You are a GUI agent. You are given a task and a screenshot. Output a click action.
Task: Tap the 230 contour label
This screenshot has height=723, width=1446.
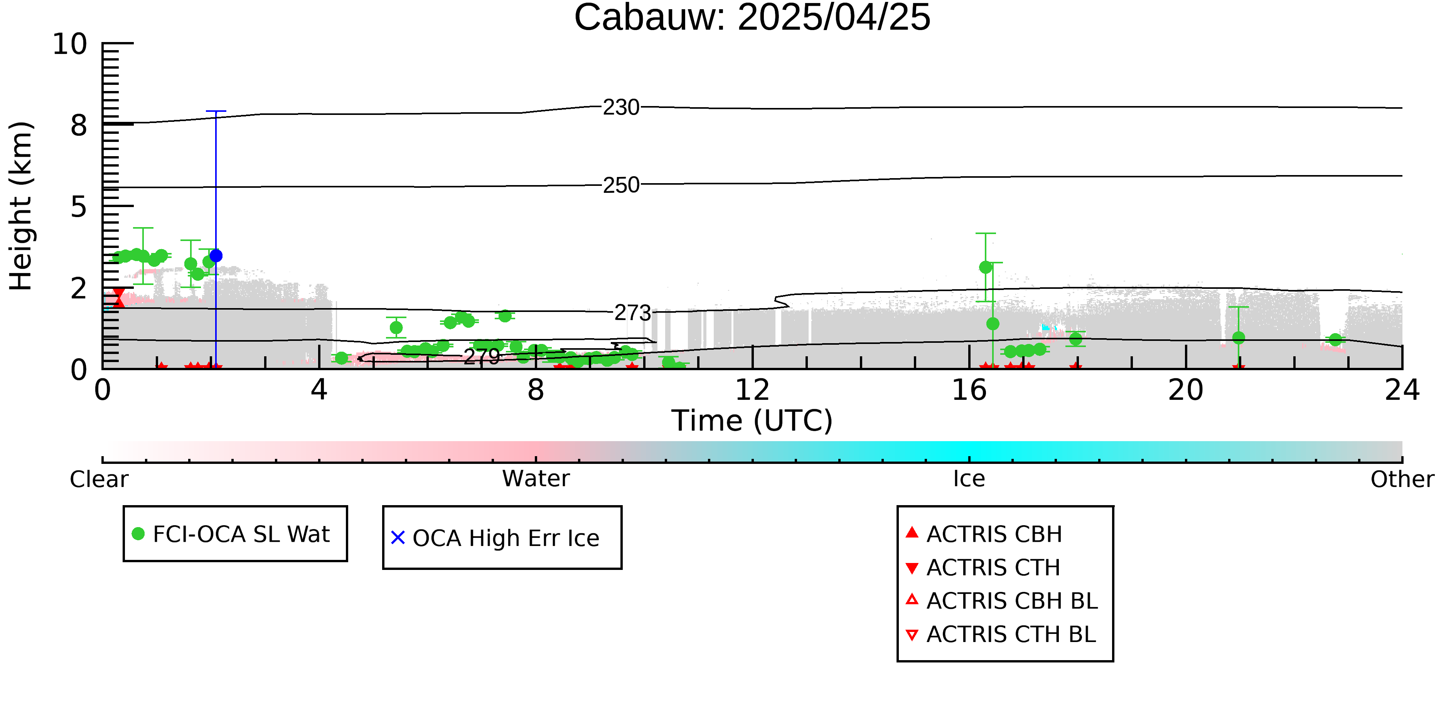tap(621, 107)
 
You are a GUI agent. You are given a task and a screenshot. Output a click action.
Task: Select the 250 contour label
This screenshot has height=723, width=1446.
tap(621, 185)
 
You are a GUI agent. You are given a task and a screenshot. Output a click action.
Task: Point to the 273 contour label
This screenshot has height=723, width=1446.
tap(633, 313)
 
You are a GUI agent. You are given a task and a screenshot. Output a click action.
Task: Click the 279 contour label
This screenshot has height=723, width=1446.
tap(482, 356)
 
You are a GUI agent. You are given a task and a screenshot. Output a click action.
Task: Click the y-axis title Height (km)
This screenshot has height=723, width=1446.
tap(21, 206)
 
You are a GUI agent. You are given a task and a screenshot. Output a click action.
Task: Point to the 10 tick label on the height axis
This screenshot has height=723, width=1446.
tap(70, 44)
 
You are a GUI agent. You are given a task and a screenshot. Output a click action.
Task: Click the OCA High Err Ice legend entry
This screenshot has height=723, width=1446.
tap(495, 538)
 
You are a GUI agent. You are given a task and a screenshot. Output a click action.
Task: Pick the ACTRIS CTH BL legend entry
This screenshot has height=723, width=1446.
tap(1001, 634)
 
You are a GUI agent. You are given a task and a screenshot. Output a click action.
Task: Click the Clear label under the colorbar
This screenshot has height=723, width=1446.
tap(99, 479)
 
